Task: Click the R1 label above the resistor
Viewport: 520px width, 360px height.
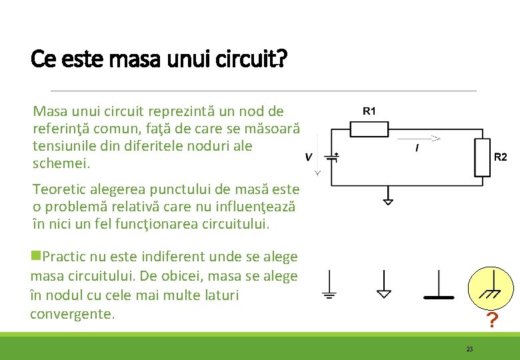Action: (x=369, y=110)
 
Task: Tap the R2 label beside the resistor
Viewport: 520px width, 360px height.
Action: (x=500, y=157)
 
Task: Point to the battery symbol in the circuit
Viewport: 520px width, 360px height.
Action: (x=332, y=157)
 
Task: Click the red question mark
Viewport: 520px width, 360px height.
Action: (x=491, y=321)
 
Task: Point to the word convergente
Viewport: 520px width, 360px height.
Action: (x=73, y=313)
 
